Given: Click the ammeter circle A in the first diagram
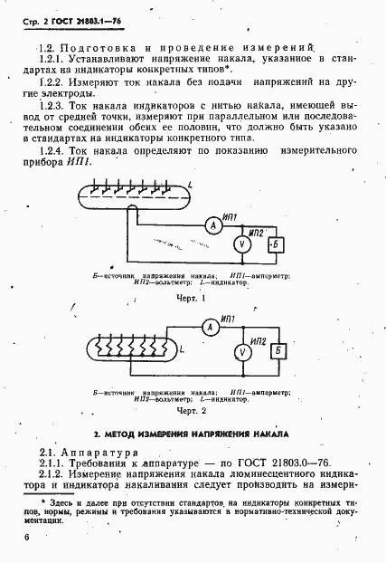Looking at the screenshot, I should click(x=206, y=225).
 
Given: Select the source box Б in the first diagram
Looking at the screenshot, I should click(x=278, y=244).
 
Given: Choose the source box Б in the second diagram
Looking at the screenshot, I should click(x=279, y=350).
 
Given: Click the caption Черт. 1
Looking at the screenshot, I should click(x=191, y=298).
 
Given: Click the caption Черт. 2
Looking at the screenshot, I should click(x=191, y=411).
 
